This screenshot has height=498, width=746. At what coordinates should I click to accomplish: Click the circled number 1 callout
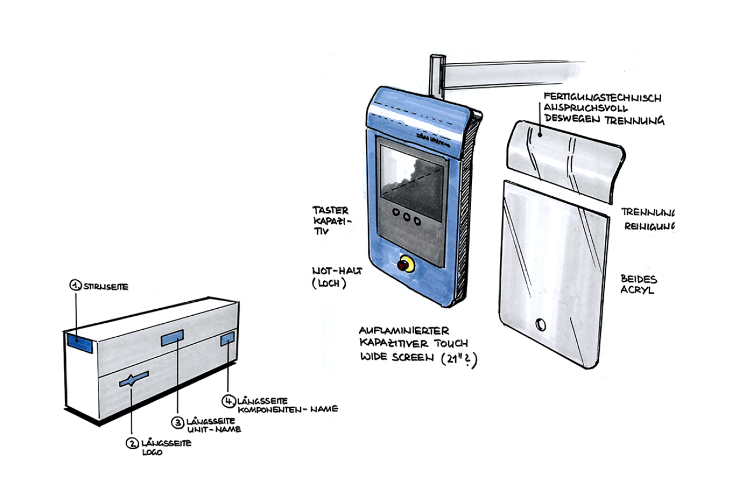[x=75, y=285]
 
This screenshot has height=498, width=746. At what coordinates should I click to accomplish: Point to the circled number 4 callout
[x=229, y=401]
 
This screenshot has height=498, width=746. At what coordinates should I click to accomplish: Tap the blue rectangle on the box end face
[x=80, y=342]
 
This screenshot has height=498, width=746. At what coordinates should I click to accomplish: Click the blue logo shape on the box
[x=133, y=379]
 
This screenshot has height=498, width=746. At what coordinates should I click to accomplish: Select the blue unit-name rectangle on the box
[x=172, y=337]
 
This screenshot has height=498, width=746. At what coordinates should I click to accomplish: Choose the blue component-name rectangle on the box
[x=227, y=339]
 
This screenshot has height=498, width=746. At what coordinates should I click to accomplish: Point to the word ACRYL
[x=637, y=290]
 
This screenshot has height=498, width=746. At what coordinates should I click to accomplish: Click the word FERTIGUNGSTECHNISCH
[x=602, y=98]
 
